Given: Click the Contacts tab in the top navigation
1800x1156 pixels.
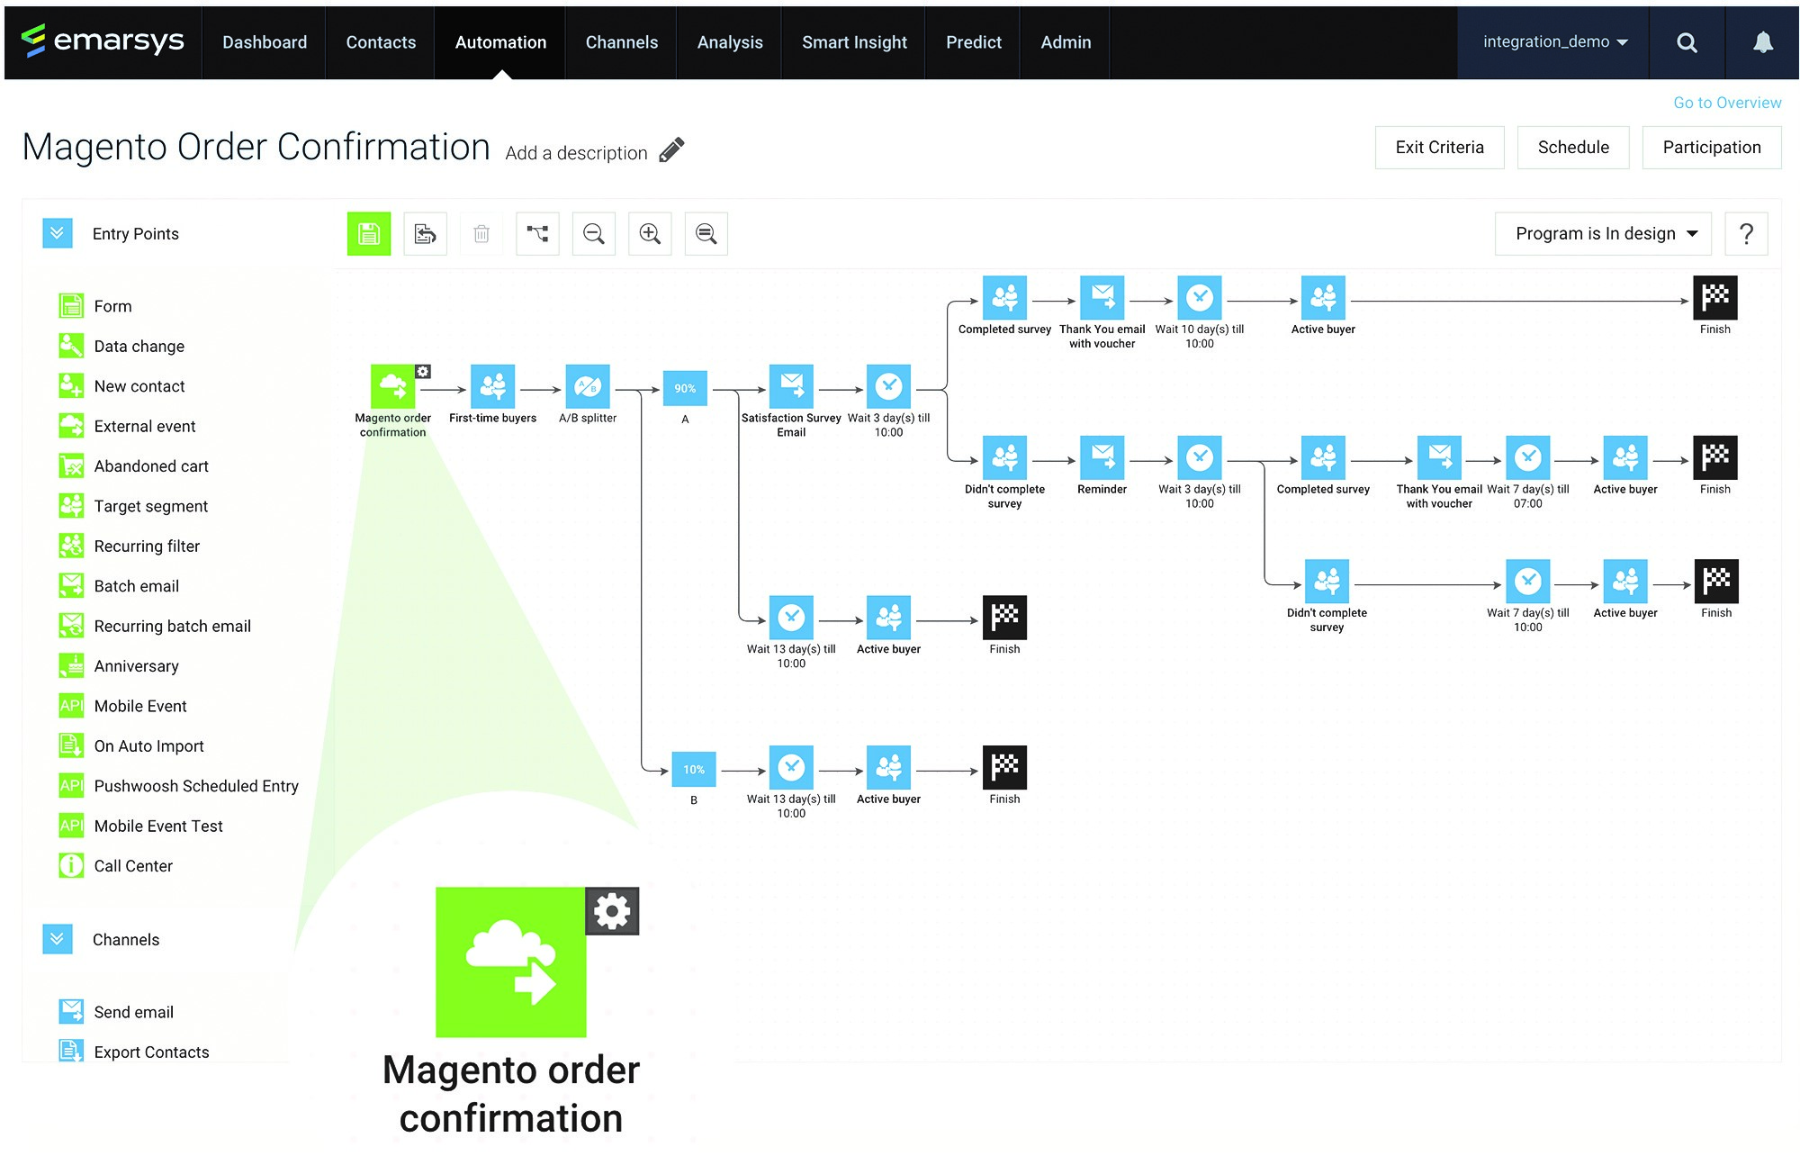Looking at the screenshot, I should [381, 42].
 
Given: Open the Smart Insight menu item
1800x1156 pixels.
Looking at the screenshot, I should [854, 42].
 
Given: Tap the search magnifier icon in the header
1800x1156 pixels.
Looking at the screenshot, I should [1687, 42].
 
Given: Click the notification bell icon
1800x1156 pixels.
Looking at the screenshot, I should [1762, 42].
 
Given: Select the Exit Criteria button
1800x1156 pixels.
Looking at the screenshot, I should [1439, 148].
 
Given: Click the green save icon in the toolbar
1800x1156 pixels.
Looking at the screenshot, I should [369, 234].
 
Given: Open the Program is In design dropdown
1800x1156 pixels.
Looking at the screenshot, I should [1606, 234].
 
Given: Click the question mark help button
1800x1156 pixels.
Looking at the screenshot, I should [1746, 234].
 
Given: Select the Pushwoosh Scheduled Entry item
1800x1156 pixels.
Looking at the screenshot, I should [196, 786].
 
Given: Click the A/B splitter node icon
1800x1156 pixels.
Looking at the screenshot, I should [588, 387].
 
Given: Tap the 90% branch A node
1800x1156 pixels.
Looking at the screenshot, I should [685, 388].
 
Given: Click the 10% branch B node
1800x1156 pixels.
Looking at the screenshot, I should [693, 769].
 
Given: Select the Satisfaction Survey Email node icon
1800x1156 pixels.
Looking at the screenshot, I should [791, 387].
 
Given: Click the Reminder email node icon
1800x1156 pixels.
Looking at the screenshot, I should [1102, 457].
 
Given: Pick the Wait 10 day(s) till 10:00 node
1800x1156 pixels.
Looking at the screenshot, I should [1199, 298].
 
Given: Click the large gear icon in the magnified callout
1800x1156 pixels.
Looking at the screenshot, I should [612, 911].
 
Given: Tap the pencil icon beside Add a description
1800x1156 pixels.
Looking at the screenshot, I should [671, 150].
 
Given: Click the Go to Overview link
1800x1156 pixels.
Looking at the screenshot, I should [1726, 103].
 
